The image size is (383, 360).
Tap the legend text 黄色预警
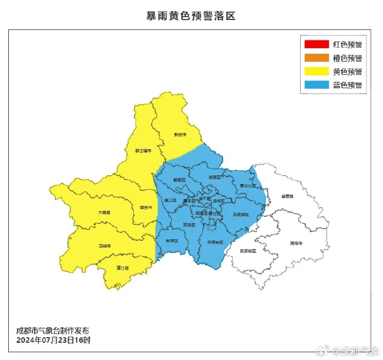(347, 72)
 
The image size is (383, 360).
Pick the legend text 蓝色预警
(347, 85)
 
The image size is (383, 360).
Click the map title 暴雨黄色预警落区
(191, 16)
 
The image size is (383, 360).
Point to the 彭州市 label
(179, 135)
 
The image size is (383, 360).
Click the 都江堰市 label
(143, 150)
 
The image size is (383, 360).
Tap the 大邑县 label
(104, 212)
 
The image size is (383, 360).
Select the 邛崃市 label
(104, 245)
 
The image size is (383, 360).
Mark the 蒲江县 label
(123, 268)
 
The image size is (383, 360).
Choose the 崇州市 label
(146, 207)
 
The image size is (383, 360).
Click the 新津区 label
(172, 241)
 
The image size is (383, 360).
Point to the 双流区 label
(189, 225)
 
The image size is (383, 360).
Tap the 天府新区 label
(215, 242)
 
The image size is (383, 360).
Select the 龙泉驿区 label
(240, 214)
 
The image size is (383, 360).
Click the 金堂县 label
(287, 196)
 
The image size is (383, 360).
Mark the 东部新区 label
(248, 251)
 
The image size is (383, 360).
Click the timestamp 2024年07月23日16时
(53, 339)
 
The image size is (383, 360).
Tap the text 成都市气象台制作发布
(52, 331)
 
